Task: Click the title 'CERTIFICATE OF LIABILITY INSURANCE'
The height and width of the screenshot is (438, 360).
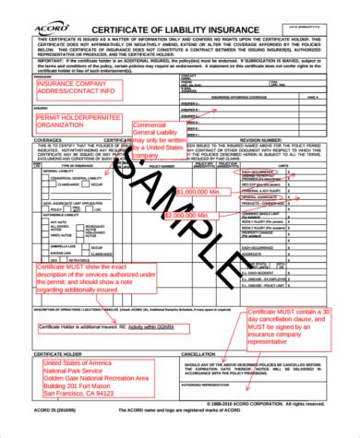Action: click(172, 11)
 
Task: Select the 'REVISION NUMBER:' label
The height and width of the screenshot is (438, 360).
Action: click(258, 141)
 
